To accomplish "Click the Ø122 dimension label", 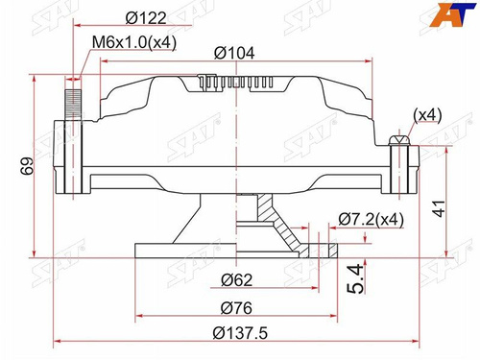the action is [146, 18].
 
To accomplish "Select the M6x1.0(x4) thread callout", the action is [134, 42].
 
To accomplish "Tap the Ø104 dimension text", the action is [234, 53].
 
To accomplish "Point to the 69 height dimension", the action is [28, 165].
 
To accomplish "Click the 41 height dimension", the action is [439, 208].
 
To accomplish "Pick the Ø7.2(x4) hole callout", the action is [371, 220].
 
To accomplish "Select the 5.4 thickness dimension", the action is [356, 278].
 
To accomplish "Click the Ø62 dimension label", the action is [237, 280].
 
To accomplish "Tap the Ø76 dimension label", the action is [236, 308].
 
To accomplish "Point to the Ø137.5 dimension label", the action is [240, 333].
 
